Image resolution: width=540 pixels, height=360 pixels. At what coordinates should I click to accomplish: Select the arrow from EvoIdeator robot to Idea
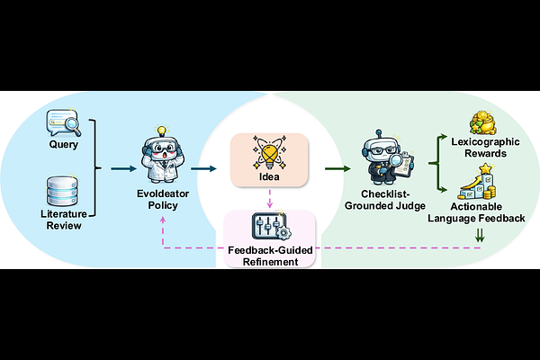205,167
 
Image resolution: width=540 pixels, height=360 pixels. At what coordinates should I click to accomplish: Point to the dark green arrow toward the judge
337,167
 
